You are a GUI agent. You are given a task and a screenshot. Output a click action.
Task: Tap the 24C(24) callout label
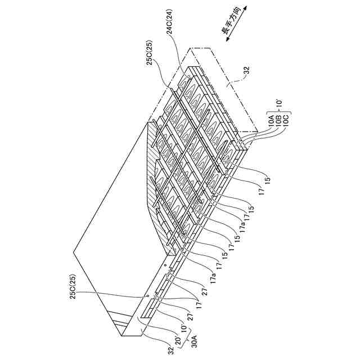(x=170, y=46)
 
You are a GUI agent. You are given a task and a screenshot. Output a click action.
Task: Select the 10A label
(x=271, y=119)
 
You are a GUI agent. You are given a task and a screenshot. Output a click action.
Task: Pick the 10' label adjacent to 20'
(x=182, y=325)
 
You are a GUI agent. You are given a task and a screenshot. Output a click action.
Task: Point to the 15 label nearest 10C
(x=269, y=182)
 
